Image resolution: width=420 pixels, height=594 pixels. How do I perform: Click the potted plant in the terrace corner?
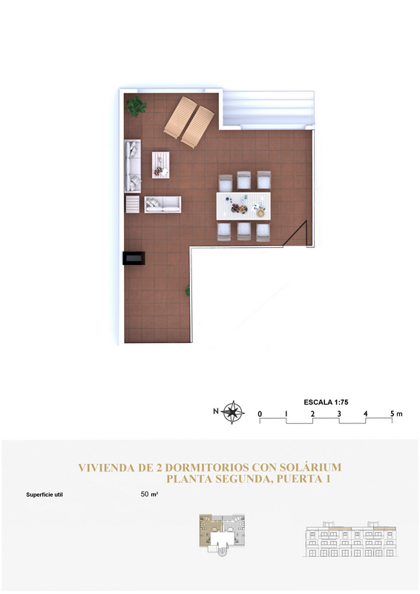137,106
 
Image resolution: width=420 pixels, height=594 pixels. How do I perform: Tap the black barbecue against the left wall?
134,258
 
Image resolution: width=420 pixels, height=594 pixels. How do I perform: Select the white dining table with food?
243,206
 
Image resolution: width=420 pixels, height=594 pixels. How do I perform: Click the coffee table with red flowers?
160,165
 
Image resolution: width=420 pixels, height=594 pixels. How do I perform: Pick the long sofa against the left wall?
133,166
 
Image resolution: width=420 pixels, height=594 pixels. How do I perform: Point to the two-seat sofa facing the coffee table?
163,205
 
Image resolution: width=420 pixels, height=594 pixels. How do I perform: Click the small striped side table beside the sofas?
133,204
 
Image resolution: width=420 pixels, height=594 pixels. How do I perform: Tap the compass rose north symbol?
233,412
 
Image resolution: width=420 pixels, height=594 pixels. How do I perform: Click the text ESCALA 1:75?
326,402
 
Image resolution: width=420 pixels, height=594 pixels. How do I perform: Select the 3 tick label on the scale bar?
339,414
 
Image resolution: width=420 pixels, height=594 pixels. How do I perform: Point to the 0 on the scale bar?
260,414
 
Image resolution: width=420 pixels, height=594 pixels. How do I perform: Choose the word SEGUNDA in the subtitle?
244,479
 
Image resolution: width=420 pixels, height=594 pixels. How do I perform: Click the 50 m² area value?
149,494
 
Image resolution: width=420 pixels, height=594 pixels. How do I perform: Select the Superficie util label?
45,495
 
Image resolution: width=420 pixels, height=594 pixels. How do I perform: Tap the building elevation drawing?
350,539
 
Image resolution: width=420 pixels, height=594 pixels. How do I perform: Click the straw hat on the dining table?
260,213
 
